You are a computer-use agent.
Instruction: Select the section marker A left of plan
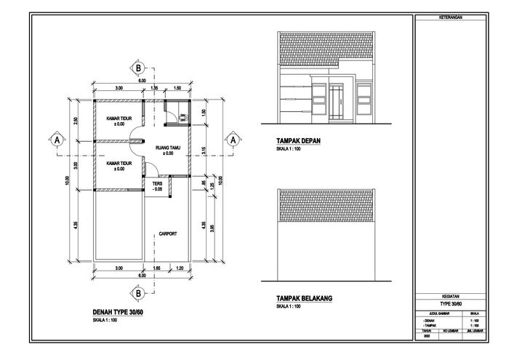point(55,137)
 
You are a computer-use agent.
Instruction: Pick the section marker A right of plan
point(232,137)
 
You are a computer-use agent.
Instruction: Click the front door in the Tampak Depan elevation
point(336,103)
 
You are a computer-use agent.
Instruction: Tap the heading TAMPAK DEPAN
point(297,140)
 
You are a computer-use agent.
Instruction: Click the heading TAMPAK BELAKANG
point(303,298)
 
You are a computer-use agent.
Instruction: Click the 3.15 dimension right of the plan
point(206,151)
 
